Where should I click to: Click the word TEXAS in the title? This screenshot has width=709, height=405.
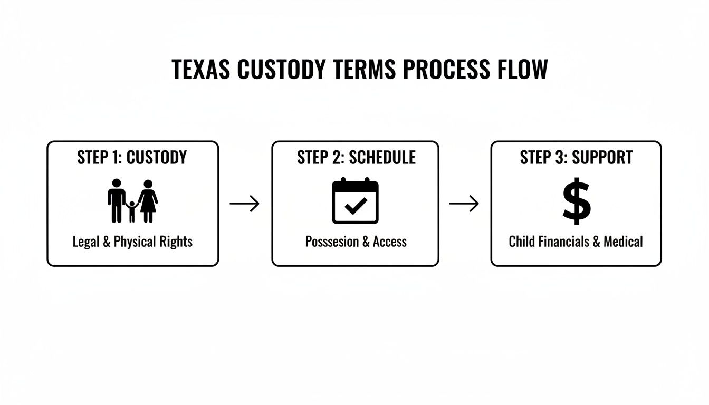coord(202,70)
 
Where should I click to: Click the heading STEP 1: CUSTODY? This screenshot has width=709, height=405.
coord(132,157)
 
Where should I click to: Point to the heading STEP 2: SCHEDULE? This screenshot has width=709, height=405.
coord(356,157)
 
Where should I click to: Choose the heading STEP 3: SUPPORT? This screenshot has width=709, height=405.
coord(576,157)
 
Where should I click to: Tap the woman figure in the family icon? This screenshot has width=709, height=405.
coord(148,201)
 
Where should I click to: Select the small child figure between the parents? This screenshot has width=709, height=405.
coord(132,210)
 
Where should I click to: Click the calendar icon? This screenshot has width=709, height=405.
coord(355,201)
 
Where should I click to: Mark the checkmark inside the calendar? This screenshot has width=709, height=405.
coord(355,206)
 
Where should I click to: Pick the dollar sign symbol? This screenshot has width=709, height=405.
coord(576,201)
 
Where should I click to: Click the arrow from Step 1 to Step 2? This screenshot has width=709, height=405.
coord(245,204)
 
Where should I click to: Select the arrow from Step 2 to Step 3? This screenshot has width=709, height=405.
coord(464,204)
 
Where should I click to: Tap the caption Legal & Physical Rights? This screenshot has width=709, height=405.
coord(132,242)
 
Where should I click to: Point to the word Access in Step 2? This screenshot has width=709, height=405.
coord(390,242)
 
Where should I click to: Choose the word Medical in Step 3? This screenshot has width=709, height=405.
coord(623,242)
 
